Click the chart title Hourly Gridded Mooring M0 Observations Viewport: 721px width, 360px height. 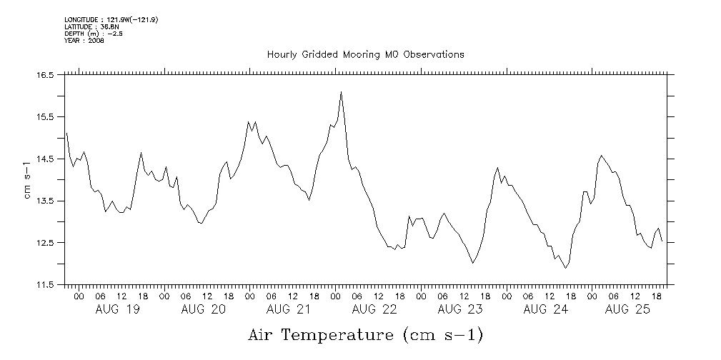365,54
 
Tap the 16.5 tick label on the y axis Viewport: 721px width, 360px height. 46,74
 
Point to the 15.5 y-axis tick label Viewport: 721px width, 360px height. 46,116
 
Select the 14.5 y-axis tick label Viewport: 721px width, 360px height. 46,159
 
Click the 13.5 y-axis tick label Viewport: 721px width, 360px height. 46,201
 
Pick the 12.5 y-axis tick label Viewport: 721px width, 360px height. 46,243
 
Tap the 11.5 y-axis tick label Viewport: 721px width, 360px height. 46,285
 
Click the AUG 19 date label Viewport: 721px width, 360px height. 117,309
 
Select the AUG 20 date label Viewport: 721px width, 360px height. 203,309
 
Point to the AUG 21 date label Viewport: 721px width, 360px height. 289,309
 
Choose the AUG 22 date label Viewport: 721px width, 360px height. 374,309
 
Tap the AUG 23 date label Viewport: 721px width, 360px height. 460,309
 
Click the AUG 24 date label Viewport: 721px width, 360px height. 546,309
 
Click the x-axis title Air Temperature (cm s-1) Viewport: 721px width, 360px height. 366,334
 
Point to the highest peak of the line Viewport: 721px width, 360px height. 341,92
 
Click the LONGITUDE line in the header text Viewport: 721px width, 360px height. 111,20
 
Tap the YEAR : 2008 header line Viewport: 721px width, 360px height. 84,41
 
